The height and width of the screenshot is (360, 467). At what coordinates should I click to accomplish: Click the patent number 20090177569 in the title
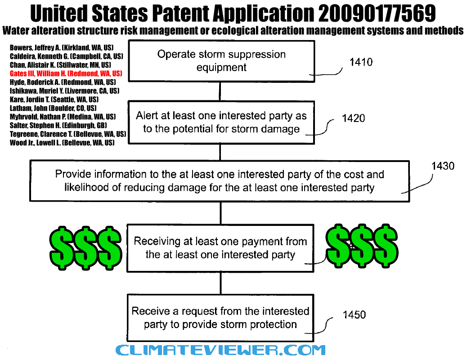coord(377,13)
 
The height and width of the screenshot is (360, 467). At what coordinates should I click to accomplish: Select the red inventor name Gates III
coord(66,74)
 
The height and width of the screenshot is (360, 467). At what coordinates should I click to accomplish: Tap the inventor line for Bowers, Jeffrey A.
coord(61,48)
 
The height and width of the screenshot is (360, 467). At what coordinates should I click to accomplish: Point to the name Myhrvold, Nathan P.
coord(63,117)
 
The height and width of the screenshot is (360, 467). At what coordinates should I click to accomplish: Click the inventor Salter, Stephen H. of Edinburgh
coord(58,126)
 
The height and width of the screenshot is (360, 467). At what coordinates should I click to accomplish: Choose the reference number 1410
coord(361,62)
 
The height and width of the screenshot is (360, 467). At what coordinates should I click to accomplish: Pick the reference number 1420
coord(354,118)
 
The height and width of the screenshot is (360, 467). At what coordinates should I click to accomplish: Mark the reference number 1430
coord(443,166)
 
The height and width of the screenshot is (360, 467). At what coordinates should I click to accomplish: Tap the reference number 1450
coord(354,315)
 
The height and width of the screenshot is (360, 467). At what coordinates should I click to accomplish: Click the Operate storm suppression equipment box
coord(222,61)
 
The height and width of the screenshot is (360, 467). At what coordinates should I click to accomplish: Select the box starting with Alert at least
coord(221,122)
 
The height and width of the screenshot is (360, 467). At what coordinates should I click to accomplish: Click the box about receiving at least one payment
coord(220,248)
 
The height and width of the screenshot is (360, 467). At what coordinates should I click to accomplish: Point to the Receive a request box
coord(220,318)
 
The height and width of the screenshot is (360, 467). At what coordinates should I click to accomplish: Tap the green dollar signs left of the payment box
coord(86,248)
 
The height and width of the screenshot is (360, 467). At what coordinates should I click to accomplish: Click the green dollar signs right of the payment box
coord(362,246)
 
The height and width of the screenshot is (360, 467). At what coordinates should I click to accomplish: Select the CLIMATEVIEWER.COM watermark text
coord(220,350)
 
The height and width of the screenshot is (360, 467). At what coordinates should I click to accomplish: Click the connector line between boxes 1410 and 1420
coord(220,91)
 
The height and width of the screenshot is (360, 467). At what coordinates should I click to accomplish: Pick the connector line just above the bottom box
coord(221,283)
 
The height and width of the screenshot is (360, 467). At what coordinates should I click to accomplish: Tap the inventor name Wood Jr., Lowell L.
coord(62,143)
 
